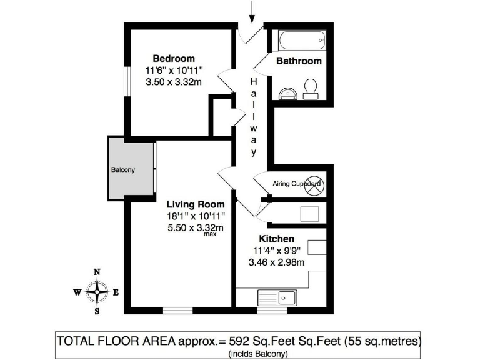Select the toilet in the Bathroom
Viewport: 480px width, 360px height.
310,89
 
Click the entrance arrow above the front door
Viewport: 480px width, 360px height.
252,11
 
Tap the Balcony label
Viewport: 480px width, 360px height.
123,170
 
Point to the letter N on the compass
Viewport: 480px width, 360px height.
97,272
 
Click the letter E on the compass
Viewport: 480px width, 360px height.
117,292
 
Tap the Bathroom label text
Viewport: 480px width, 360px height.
299,61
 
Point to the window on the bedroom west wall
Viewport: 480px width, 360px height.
127,81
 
